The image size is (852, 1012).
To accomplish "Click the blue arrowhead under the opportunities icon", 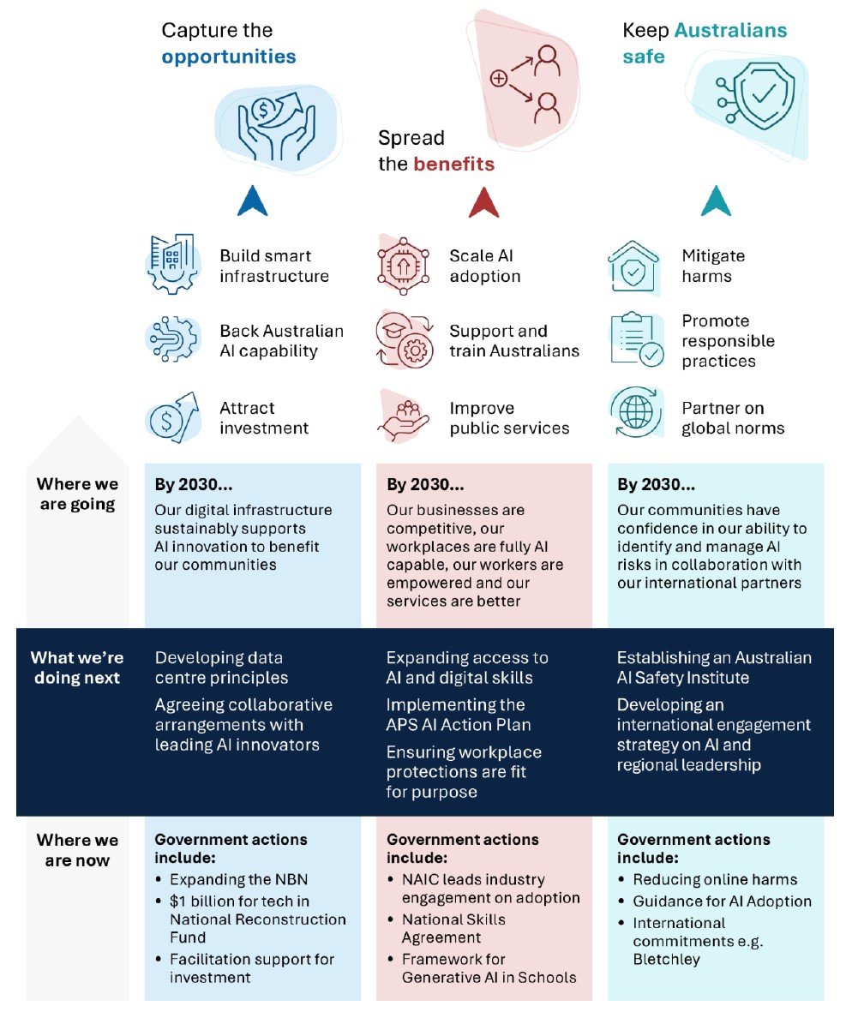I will point(253,202).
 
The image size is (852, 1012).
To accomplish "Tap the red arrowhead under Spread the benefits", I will point(484,202).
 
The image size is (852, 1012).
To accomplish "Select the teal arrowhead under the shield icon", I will point(716,202).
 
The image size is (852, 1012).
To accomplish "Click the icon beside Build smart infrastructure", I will point(171,264).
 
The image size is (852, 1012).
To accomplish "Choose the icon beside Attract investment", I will point(171,416).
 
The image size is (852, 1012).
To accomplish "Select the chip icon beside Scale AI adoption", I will point(403,265).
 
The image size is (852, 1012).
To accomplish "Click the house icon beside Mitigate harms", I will point(634,266).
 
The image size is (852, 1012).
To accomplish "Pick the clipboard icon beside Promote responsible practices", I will point(635,340).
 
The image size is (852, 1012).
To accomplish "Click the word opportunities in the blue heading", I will point(229,57).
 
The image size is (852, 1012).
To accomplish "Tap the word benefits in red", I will point(453,165).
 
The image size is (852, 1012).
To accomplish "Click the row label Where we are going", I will point(77,494).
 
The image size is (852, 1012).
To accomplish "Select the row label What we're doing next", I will point(77,668).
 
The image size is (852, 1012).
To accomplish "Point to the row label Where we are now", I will point(77,849).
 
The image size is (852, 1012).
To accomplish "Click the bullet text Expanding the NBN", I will point(238,879).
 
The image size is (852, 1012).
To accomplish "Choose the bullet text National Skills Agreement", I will point(453,928).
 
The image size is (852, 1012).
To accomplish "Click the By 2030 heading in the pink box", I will point(425,485).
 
